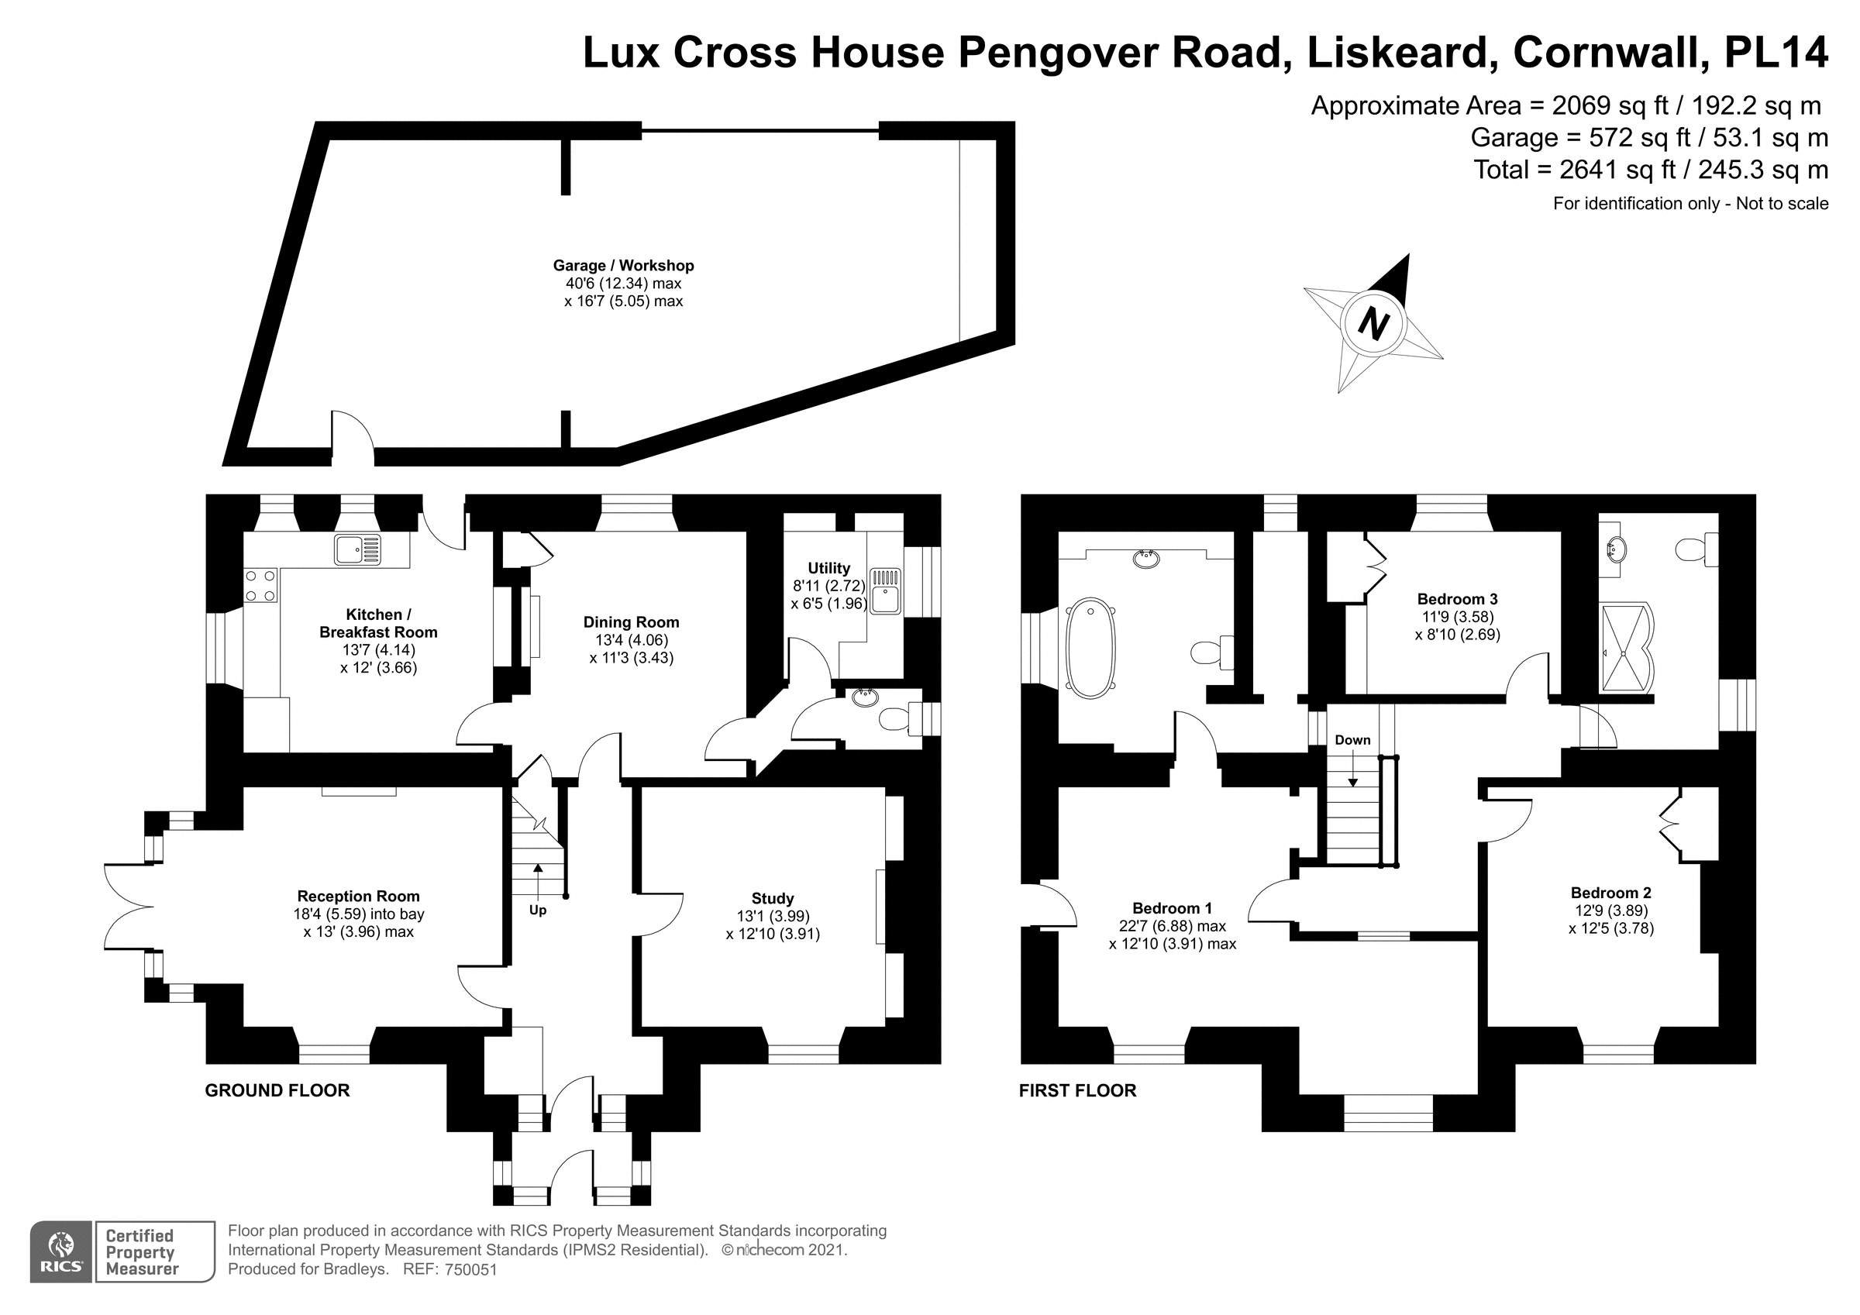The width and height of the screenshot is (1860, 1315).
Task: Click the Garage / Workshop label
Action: tap(623, 266)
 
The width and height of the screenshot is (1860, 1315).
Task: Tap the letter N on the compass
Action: tap(1373, 323)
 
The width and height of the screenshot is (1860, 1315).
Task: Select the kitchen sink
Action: tap(357, 550)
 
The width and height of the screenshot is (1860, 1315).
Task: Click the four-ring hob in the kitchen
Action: tap(260, 586)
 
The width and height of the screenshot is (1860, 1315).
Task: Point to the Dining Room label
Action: tap(631, 622)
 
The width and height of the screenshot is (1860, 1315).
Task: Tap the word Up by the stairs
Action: tap(538, 910)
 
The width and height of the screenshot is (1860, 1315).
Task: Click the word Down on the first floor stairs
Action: tap(1352, 740)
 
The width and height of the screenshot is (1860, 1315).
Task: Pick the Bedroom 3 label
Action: tap(1456, 600)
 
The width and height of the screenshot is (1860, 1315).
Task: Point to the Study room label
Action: tap(772, 899)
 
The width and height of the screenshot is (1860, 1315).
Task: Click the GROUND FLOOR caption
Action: tap(277, 1090)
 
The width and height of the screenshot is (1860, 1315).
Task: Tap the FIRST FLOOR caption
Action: tap(1076, 1090)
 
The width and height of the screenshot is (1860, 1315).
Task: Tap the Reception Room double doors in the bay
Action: tap(128, 907)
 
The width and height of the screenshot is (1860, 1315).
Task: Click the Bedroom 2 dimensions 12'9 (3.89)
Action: tap(1610, 911)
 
